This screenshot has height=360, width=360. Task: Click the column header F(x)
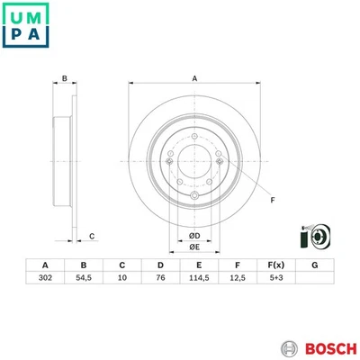tap(275, 265)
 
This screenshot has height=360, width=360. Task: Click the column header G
tap(314, 265)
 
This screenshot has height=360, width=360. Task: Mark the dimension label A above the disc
tap(194, 79)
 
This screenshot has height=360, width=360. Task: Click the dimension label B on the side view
tap(65, 79)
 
